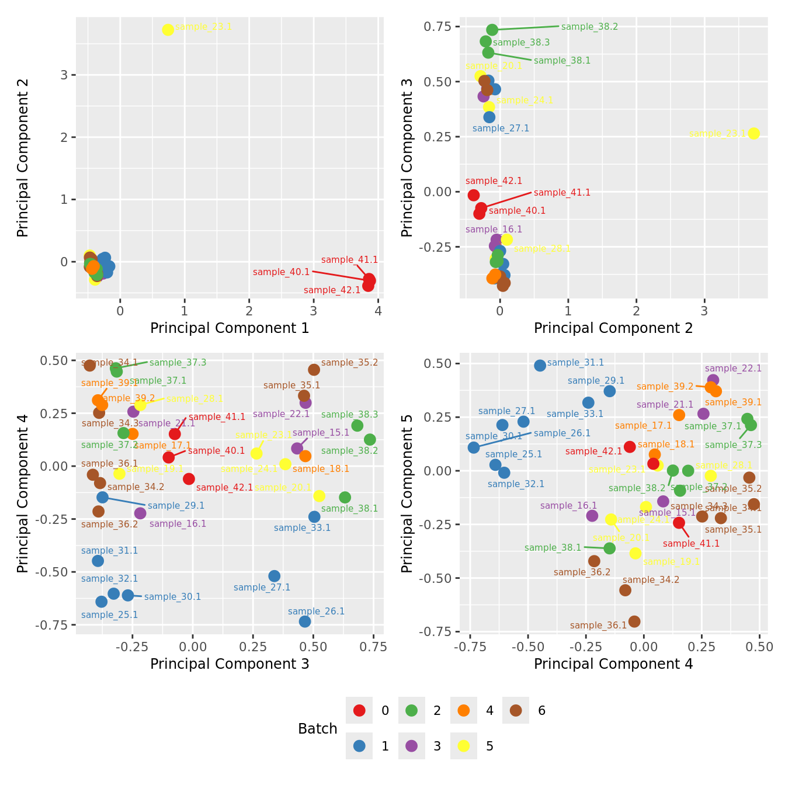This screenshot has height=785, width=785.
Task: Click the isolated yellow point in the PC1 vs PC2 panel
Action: [x=168, y=29]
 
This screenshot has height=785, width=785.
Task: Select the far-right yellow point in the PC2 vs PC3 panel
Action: [x=753, y=133]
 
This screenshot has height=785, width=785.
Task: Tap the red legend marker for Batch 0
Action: [x=359, y=710]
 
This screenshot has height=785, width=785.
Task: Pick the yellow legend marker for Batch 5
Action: [x=464, y=746]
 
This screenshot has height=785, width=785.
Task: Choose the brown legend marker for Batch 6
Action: [x=516, y=710]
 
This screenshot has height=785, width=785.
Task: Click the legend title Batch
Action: [x=318, y=728]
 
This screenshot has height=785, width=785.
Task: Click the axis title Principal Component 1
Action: [x=230, y=328]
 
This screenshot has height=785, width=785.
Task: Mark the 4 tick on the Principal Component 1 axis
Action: [x=378, y=311]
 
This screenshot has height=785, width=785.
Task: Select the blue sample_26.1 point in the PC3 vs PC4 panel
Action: [x=305, y=621]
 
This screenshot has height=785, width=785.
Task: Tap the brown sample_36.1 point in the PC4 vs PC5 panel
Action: [x=634, y=621]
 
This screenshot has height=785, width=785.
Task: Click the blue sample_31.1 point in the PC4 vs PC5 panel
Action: [x=540, y=366]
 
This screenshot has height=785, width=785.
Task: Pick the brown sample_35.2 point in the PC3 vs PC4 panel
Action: [x=314, y=370]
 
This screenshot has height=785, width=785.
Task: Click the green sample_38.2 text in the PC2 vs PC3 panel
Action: [x=589, y=27]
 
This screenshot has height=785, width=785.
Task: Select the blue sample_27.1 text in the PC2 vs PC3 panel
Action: [x=501, y=128]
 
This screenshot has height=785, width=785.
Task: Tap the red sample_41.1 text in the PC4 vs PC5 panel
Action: [x=692, y=544]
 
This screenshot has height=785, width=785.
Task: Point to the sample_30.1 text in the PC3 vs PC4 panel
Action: [x=172, y=597]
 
